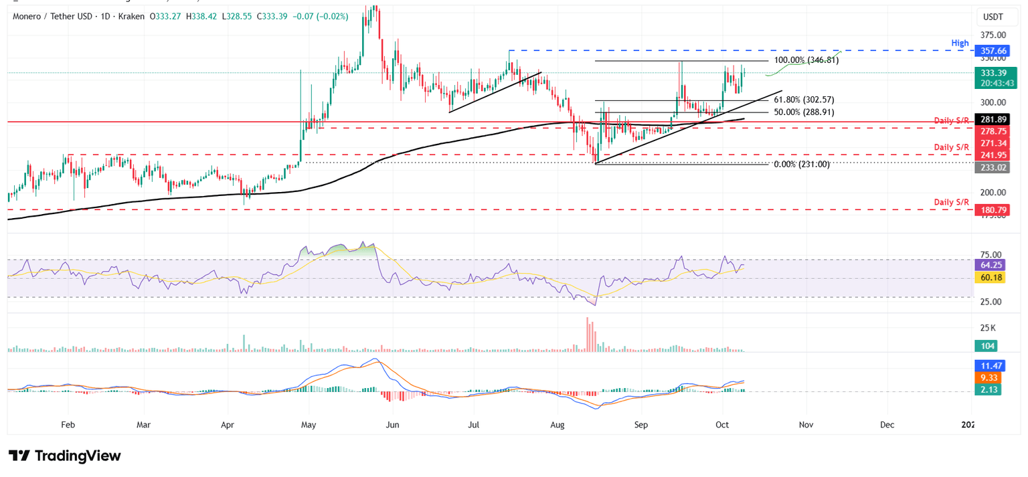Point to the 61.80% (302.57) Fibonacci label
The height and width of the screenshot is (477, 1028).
click(804, 100)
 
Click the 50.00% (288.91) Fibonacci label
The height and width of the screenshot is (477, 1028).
click(804, 112)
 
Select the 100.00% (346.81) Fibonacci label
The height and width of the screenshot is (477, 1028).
click(806, 60)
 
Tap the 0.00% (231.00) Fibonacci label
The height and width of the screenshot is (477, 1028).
click(801, 164)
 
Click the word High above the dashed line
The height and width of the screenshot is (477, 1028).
click(960, 43)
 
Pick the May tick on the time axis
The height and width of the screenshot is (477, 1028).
click(309, 424)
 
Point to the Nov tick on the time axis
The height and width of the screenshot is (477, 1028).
click(806, 424)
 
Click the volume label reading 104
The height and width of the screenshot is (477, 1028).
click(987, 346)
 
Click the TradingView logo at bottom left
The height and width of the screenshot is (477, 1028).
click(65, 456)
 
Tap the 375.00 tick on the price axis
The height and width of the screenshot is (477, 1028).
click(993, 35)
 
